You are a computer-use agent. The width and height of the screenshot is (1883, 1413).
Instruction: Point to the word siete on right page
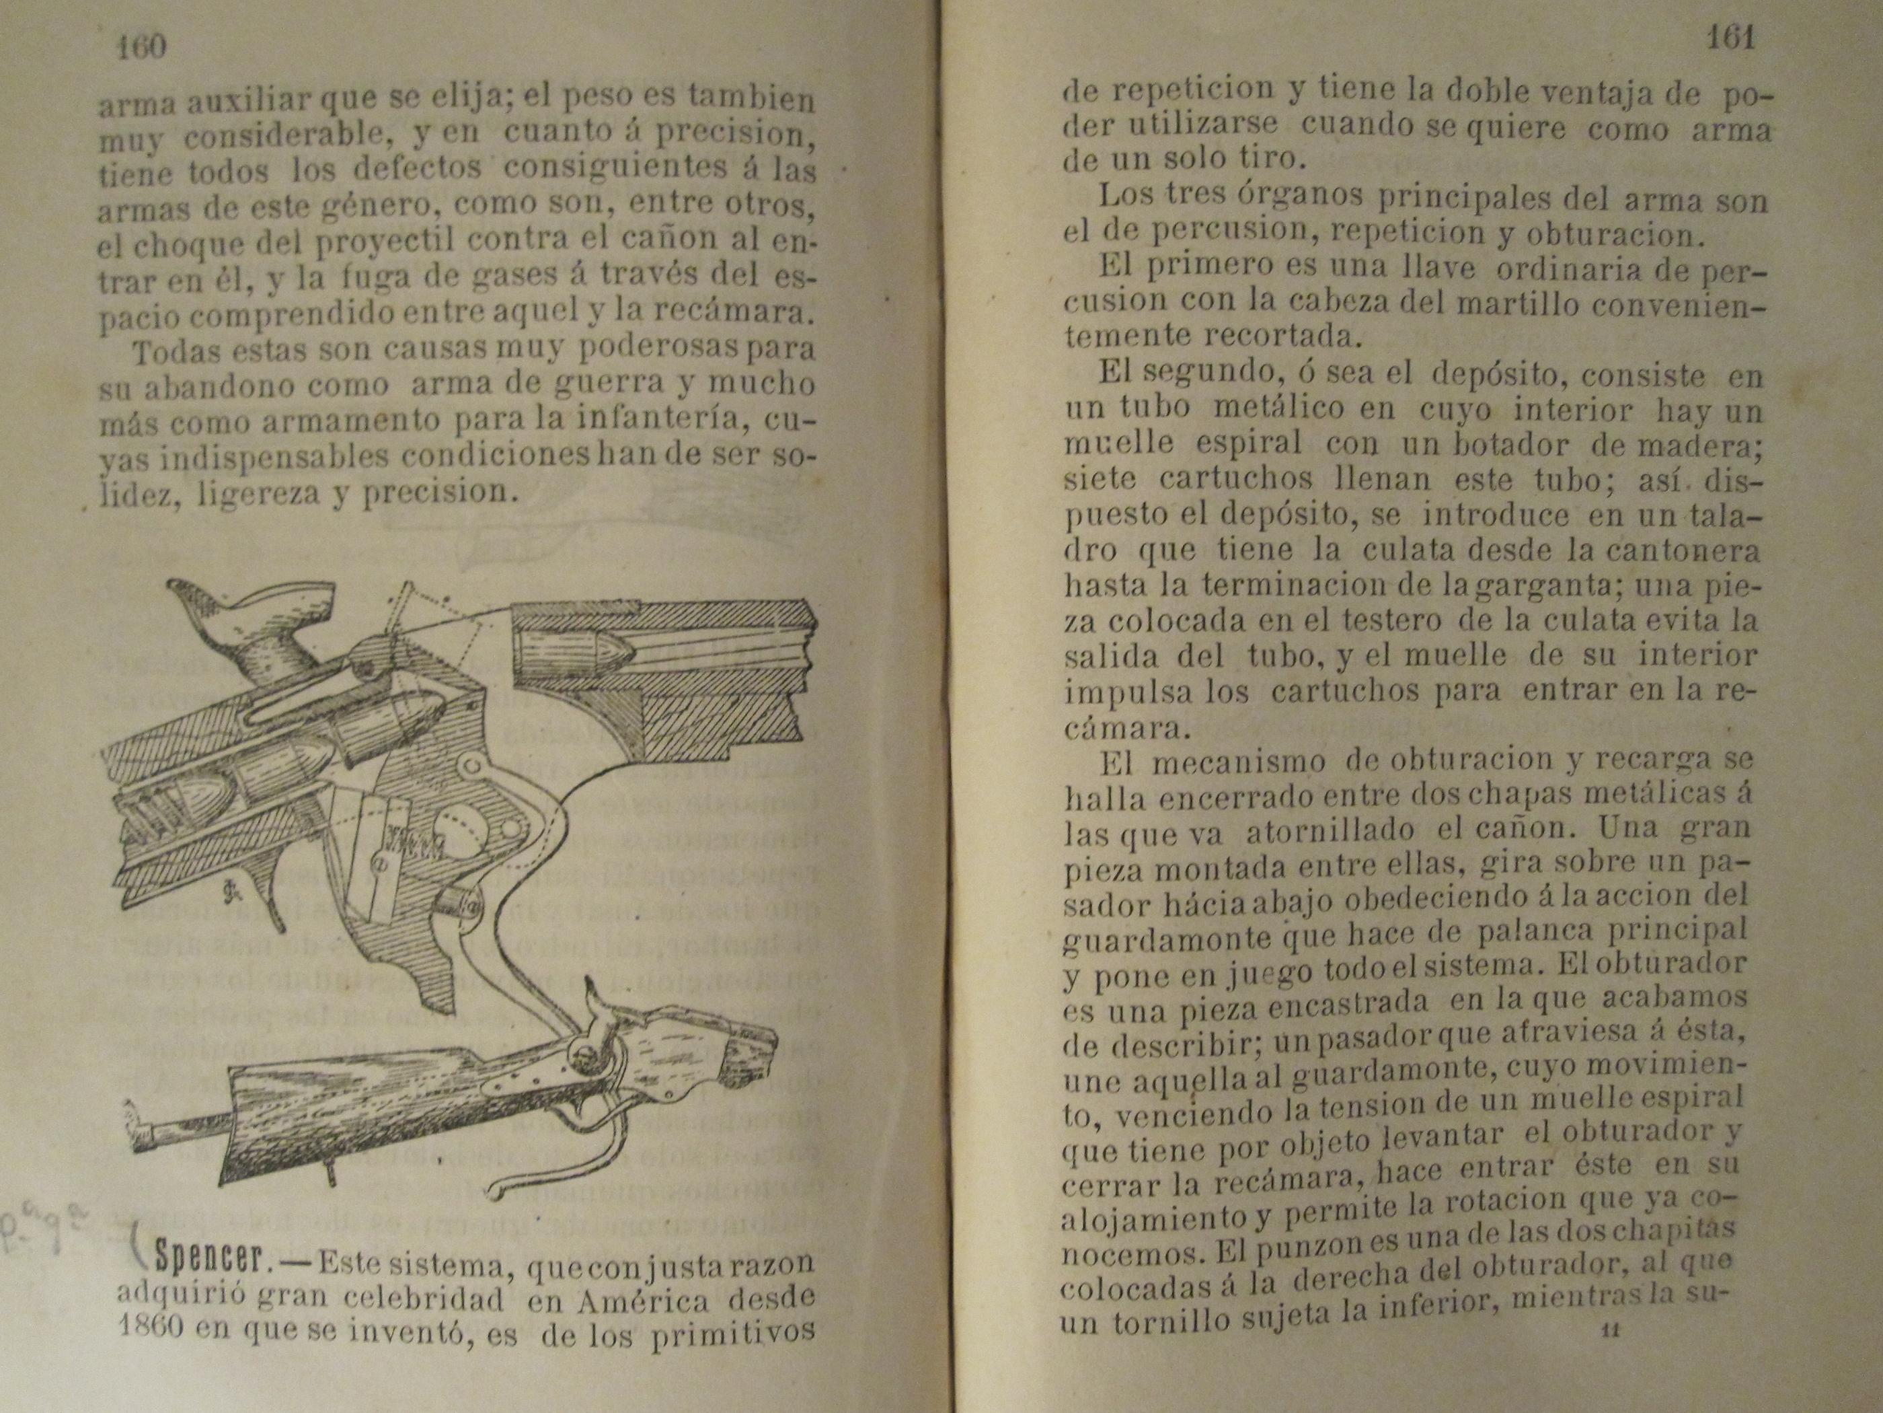pyautogui.click(x=1099, y=480)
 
